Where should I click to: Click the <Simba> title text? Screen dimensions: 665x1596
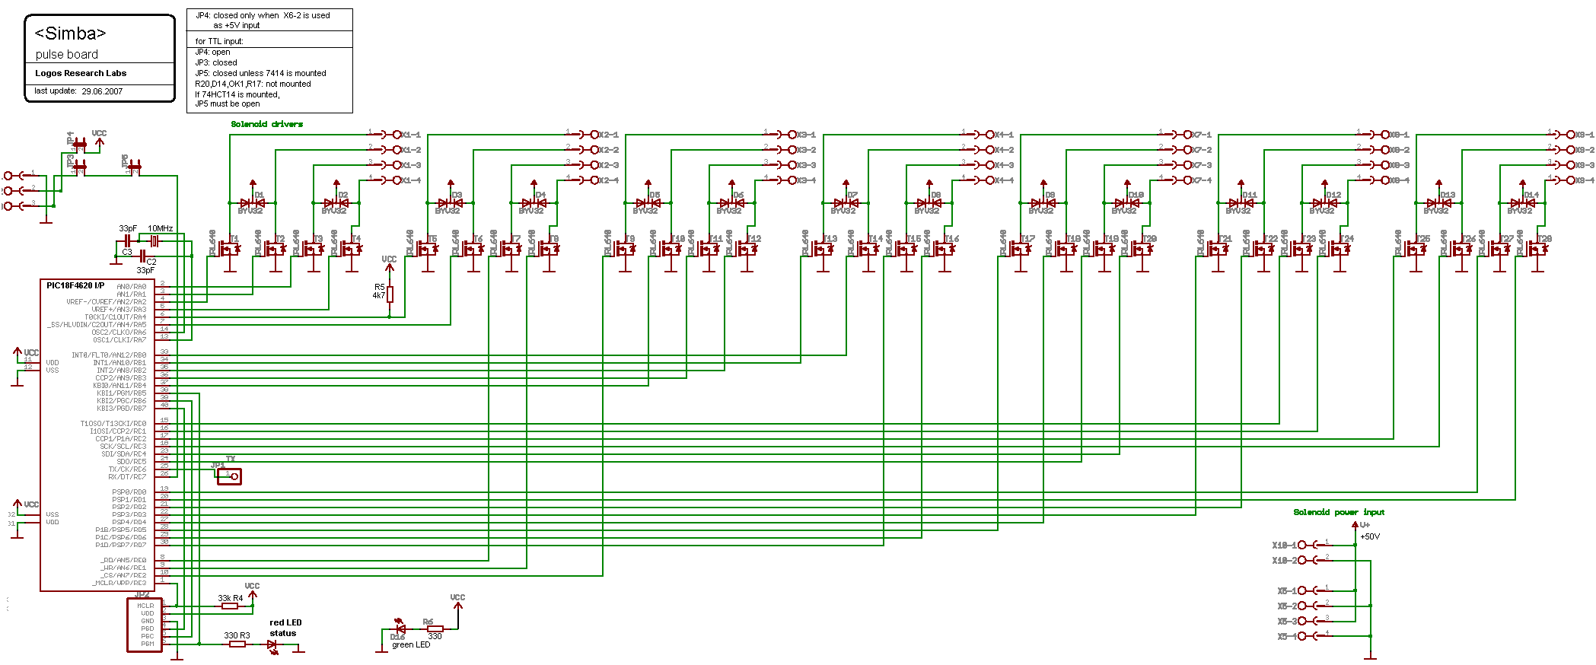coord(70,33)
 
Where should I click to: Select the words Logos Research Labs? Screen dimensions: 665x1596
coord(81,73)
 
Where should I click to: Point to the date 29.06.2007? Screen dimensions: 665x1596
coord(102,91)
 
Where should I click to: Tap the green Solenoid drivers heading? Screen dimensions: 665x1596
coord(266,124)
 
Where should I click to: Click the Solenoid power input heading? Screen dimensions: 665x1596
coord(1339,512)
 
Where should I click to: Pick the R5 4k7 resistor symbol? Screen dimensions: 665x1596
coord(390,294)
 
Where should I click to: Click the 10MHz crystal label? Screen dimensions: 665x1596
coord(160,228)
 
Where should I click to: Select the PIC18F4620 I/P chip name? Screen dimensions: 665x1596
coord(75,286)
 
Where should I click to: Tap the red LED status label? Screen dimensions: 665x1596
coord(285,628)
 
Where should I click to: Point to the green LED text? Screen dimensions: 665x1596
coord(411,644)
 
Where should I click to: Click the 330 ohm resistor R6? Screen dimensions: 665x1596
coord(435,629)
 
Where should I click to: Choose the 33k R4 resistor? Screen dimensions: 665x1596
coord(230,606)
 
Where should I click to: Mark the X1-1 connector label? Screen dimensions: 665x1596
coord(411,135)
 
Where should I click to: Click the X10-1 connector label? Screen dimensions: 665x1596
coord(1284,545)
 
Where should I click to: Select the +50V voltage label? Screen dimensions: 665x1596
coord(1370,536)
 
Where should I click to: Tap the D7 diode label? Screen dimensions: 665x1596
coord(852,195)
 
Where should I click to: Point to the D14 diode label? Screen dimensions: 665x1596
coord(1531,195)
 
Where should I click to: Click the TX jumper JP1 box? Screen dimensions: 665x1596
coord(229,476)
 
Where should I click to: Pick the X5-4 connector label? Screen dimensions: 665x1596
coord(1287,636)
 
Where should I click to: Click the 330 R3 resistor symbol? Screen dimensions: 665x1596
coord(237,644)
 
